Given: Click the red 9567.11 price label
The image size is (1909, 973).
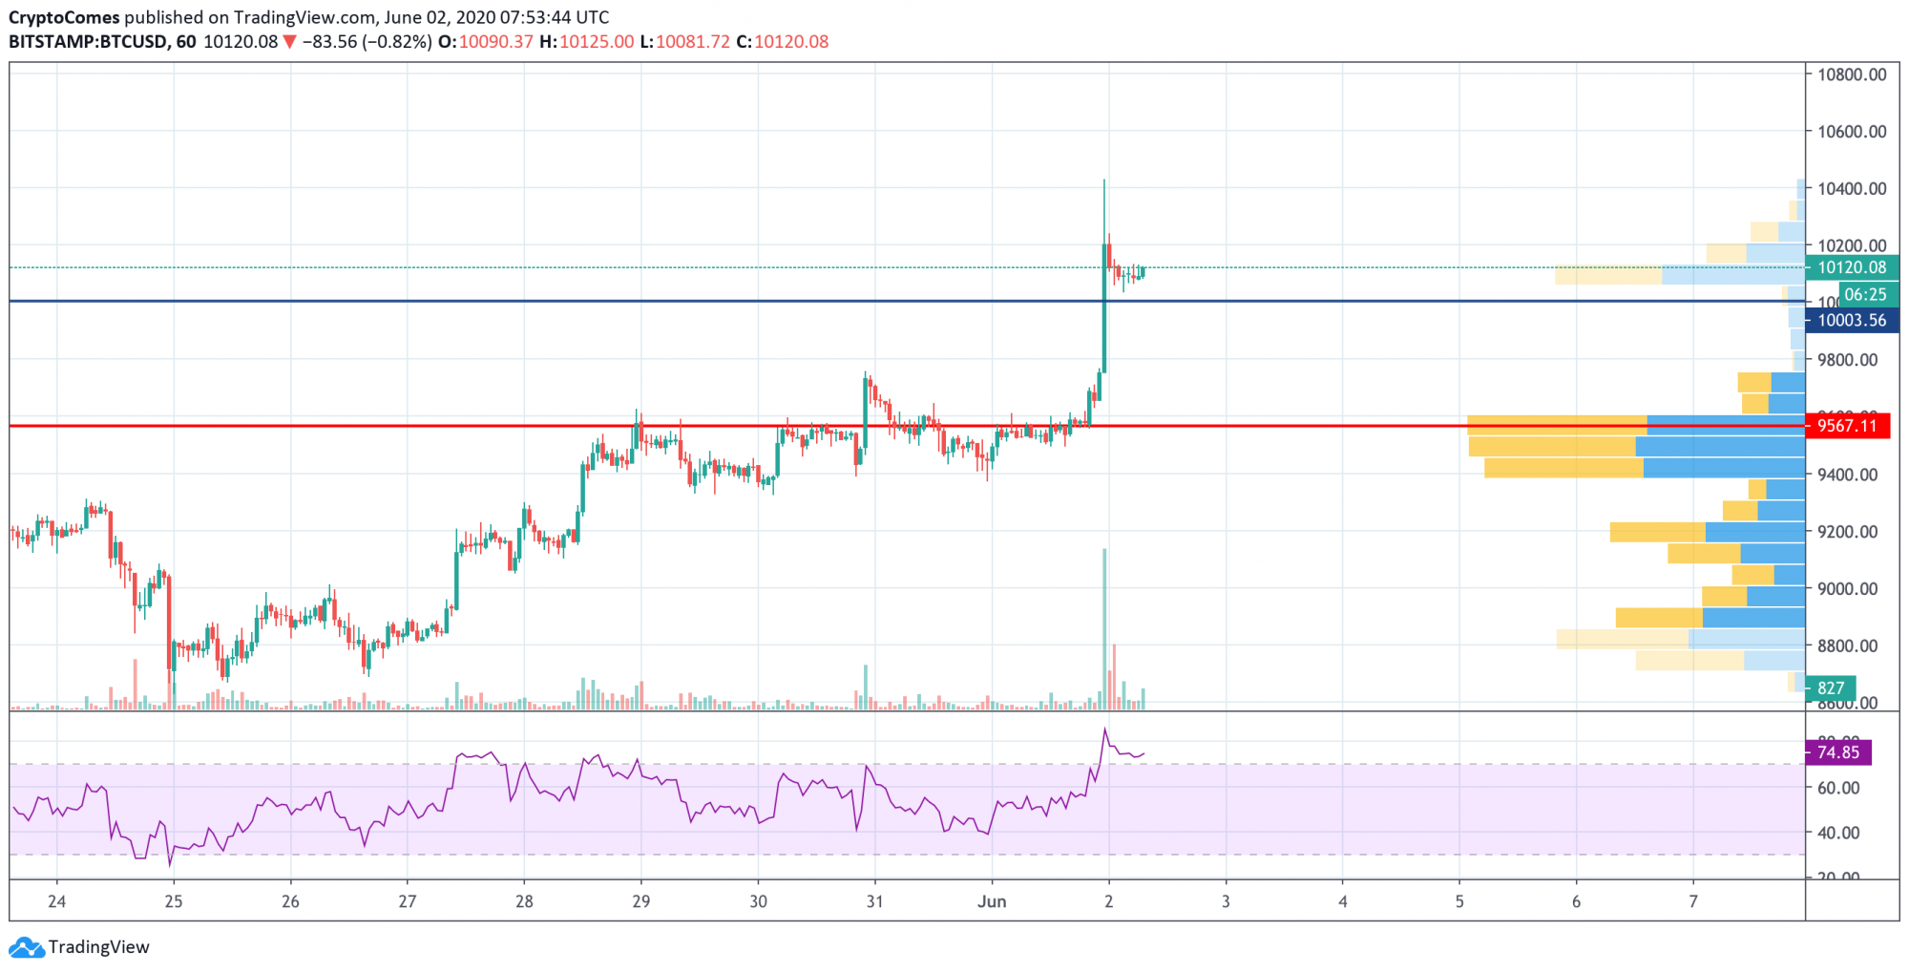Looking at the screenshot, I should point(1847,426).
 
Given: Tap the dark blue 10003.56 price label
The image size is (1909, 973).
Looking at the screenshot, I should point(1851,321).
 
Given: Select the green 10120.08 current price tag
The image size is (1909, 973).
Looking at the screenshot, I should point(1851,268).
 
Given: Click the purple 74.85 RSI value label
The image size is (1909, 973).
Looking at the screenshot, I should point(1837,752).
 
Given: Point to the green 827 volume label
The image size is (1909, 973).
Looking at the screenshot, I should point(1831,687).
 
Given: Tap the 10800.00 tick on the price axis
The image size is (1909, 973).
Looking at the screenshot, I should point(1851,74).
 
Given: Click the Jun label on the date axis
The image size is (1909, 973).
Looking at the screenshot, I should point(992,901).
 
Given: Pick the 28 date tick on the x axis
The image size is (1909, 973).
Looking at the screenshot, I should point(524,901).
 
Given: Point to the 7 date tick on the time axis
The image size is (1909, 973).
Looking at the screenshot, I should point(1693,901).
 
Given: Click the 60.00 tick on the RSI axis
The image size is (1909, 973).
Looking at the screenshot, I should point(1837,788).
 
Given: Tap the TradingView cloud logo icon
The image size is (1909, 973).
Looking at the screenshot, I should point(26,947).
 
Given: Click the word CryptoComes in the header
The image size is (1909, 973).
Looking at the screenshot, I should point(64,17).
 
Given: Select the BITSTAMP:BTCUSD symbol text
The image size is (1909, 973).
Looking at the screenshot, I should point(88,42).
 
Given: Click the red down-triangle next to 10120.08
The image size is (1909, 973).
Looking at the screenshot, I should point(290,42).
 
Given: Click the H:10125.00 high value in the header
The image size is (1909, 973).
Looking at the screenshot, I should point(586,42).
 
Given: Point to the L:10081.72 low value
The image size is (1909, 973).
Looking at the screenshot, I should point(684,42).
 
